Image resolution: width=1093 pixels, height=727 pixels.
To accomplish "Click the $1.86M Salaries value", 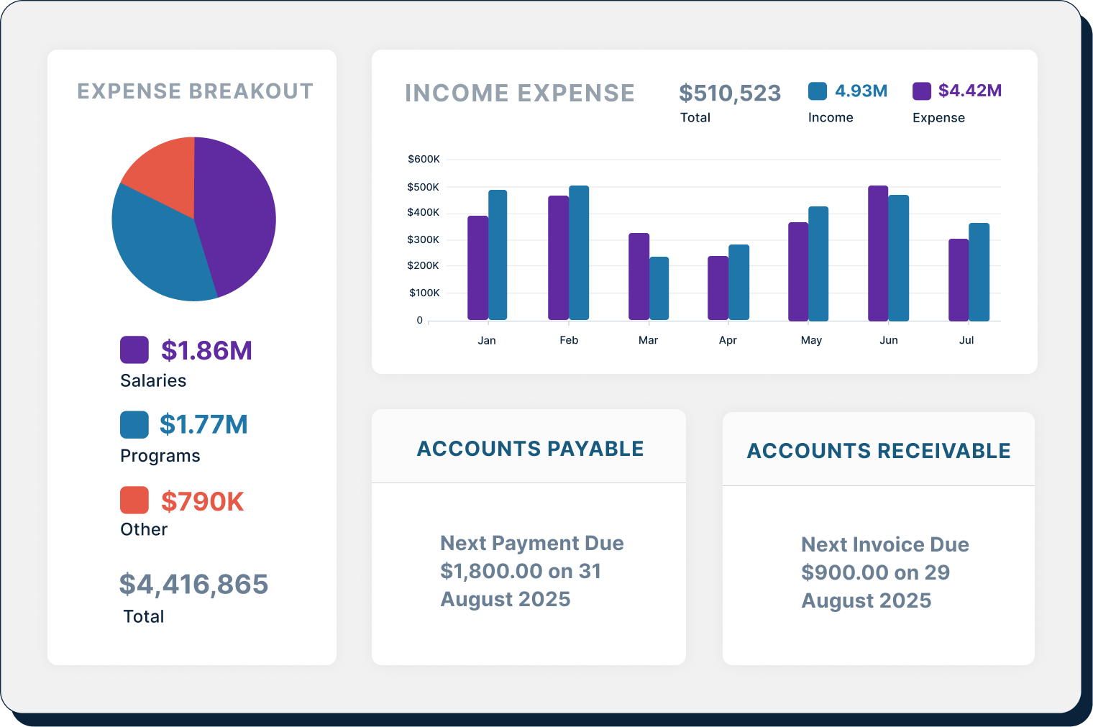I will pos(206,350).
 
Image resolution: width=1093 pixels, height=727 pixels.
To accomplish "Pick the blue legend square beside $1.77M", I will pos(134,424).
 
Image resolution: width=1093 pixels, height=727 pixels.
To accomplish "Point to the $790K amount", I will pos(202,501).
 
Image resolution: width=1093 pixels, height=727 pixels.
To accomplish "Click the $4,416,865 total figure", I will pos(193,584).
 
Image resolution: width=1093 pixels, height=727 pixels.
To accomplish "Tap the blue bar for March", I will pos(659,288).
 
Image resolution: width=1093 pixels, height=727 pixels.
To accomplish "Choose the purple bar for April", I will pos(718,288).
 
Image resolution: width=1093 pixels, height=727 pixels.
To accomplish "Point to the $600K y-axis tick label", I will pos(424,159).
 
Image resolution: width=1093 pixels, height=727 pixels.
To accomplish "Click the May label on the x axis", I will pos(811,340).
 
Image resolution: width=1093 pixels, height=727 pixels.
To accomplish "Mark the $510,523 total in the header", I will pos(730,93).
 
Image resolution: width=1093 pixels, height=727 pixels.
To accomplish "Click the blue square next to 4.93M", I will pos(818,91).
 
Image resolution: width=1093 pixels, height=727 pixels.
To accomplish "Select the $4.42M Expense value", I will pos(969,91).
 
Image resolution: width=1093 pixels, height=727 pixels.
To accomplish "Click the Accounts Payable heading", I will pos(530,449).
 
